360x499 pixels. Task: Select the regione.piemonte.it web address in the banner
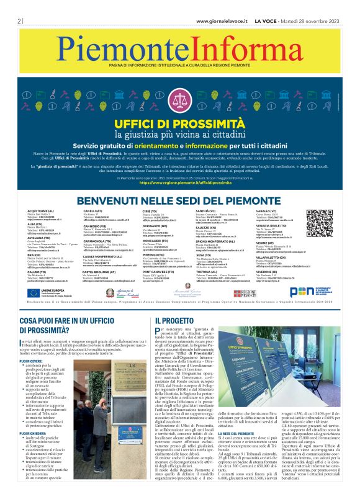click(x=179, y=182)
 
